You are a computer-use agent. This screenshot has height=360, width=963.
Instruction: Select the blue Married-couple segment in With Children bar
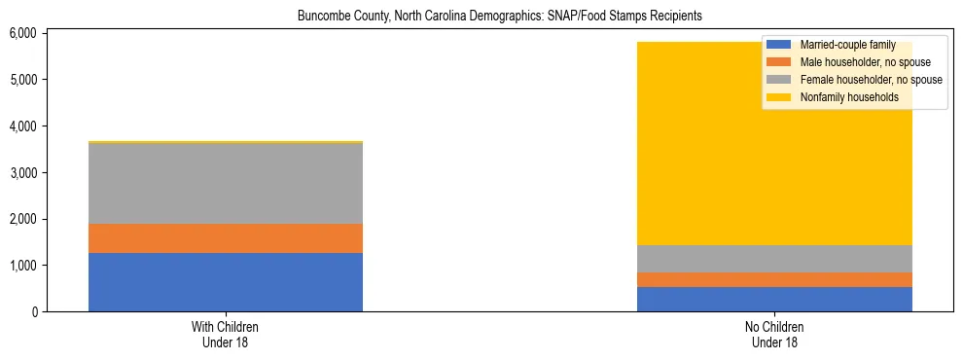(x=226, y=282)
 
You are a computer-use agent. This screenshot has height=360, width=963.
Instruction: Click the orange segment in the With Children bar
(x=226, y=238)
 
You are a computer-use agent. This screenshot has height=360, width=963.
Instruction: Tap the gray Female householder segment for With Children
(x=226, y=183)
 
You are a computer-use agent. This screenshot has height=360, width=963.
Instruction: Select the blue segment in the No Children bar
(x=774, y=299)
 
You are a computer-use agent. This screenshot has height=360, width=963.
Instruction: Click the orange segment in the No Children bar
(x=774, y=279)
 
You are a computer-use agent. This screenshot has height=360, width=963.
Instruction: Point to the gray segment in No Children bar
(x=774, y=259)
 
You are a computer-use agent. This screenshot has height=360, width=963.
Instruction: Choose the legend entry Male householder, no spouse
(x=855, y=62)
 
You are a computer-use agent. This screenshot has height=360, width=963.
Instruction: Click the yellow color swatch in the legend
(x=778, y=97)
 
